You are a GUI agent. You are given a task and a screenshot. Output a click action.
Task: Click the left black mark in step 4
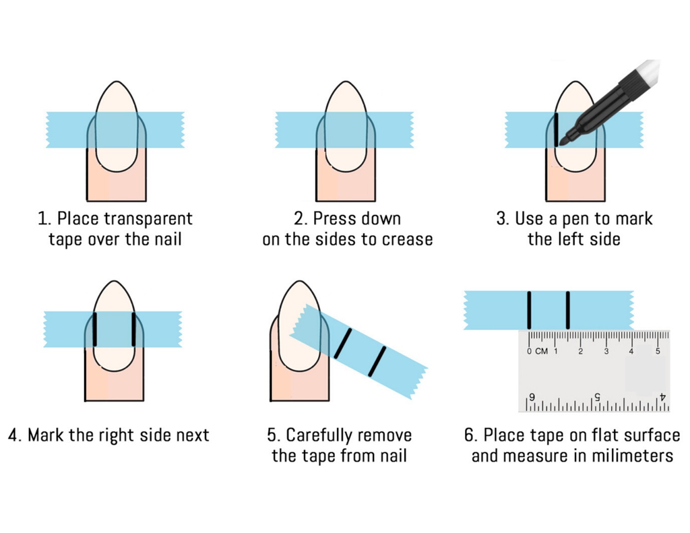click(x=96, y=330)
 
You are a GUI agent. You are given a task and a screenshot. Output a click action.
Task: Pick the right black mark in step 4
click(x=133, y=330)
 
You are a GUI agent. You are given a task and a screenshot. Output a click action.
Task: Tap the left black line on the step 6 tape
click(x=530, y=310)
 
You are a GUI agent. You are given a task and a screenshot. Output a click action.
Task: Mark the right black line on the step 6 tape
click(x=568, y=310)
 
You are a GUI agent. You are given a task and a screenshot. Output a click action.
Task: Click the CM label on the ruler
click(x=541, y=351)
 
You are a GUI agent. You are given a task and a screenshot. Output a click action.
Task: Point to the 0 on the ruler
click(x=530, y=351)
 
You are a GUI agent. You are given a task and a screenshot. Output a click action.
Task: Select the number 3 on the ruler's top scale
click(x=606, y=351)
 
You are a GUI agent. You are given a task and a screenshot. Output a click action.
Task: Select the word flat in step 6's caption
click(x=575, y=435)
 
